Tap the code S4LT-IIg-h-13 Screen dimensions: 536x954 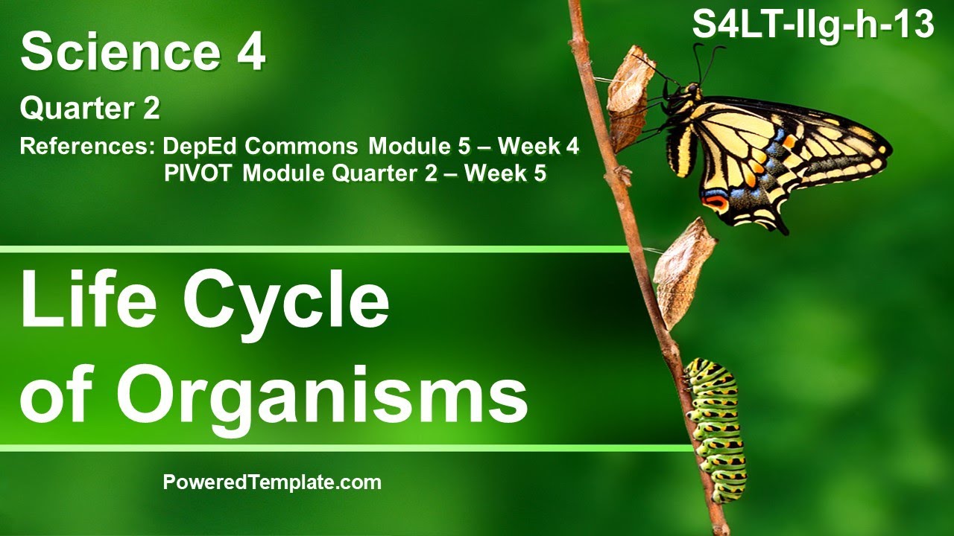pyautogui.click(x=813, y=25)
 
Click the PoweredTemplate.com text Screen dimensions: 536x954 pyautogui.click(x=272, y=482)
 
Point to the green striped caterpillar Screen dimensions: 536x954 pyautogui.click(x=716, y=428)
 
